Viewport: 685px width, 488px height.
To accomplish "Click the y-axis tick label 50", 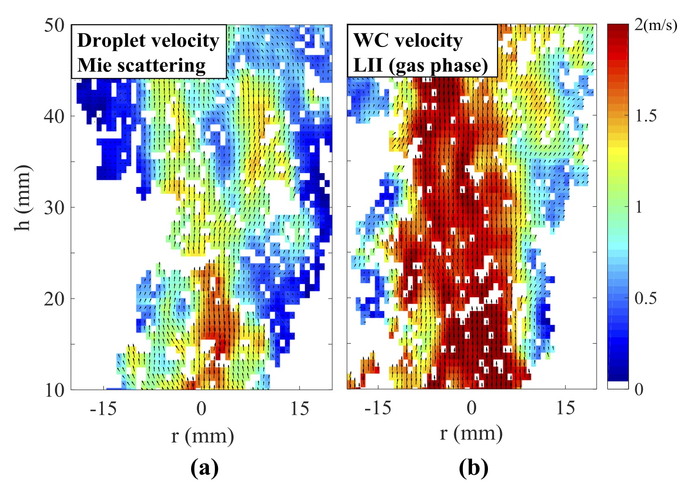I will pos(54,25).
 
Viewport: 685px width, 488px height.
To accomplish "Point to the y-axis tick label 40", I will pos(54,117).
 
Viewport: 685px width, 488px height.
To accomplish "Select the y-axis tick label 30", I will pos(54,208).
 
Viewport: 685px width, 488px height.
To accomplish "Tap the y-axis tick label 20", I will pos(54,299).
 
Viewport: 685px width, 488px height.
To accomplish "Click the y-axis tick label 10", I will pos(54,390).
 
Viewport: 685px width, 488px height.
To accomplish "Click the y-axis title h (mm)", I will pos(23,198).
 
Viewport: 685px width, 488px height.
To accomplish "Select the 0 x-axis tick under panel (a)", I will pos(201,409).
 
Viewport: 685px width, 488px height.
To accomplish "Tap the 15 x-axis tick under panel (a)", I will pos(299,409).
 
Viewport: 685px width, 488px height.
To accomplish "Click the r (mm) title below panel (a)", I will pos(203,436).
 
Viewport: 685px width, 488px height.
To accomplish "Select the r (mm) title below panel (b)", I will pos(471,433).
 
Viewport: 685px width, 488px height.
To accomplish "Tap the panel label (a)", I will pos(204,468).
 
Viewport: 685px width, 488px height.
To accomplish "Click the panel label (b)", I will pos(473,468).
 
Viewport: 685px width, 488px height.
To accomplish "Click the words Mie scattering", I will pos(142,65).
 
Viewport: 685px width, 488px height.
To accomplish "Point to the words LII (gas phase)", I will pos(421,65).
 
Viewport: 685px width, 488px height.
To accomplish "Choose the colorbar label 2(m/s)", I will pos(656,25).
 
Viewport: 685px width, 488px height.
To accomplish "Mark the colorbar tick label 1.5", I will pos(646,117).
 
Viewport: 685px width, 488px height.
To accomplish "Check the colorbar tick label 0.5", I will pos(646,298).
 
